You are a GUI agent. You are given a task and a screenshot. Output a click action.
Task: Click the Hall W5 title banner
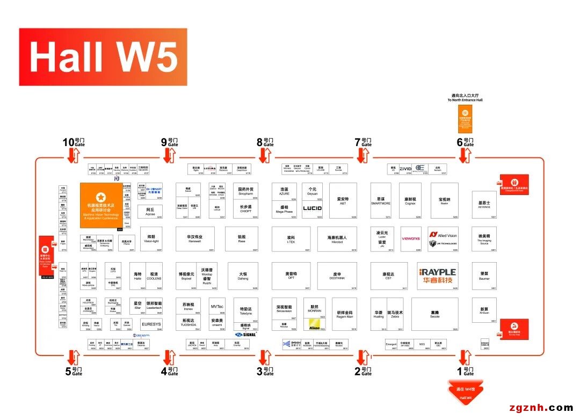coord(103,57)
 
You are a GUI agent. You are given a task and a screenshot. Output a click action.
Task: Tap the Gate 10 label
coord(75,142)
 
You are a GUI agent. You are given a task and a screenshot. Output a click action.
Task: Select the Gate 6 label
coord(466,142)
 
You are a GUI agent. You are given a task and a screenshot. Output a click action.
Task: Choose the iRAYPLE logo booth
coord(438,276)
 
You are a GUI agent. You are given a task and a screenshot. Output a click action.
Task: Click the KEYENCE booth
coord(484,205)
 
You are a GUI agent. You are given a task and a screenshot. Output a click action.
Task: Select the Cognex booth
coord(410,201)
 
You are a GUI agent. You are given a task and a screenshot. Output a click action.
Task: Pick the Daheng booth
coord(243,276)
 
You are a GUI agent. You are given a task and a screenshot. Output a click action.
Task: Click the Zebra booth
coord(395,314)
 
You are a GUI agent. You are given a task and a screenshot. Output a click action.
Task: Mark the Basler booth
coord(444,201)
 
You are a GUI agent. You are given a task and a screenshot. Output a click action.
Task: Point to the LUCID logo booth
coord(312,208)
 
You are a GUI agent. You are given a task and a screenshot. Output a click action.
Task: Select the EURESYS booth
coord(151,324)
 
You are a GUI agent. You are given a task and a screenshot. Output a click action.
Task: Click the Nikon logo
coord(314,325)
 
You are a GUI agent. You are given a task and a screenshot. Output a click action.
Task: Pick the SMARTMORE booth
coord(381,201)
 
